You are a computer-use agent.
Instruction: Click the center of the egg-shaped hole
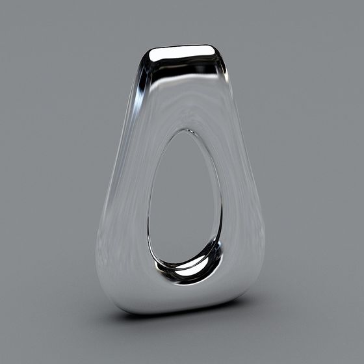184,201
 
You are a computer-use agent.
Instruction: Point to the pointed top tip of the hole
189,131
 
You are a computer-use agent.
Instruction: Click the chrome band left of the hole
127,208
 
